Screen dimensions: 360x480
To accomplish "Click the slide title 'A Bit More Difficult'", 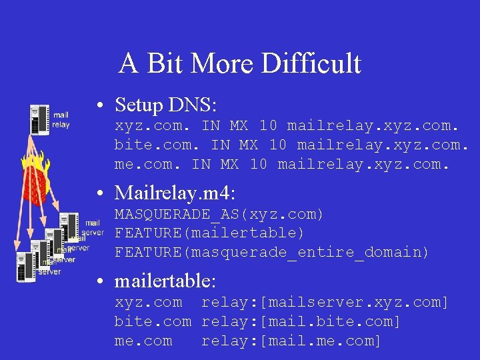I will pos(240,64).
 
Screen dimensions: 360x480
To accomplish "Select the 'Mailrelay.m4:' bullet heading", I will pos(175,193).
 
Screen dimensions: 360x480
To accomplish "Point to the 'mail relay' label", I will pos(61,120).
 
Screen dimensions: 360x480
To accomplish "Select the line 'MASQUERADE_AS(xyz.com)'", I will pos(219,215).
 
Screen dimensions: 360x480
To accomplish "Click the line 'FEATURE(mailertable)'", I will pos(209,233).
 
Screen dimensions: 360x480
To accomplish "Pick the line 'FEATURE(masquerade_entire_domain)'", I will pos(272,252).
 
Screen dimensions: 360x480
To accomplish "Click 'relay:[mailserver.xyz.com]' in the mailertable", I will pos(325,303).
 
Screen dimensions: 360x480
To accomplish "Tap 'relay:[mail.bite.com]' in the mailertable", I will pos(301,322).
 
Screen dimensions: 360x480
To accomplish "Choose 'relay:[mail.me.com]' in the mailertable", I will pos(291,341).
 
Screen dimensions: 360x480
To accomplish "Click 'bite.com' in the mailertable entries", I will pos(153,322).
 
